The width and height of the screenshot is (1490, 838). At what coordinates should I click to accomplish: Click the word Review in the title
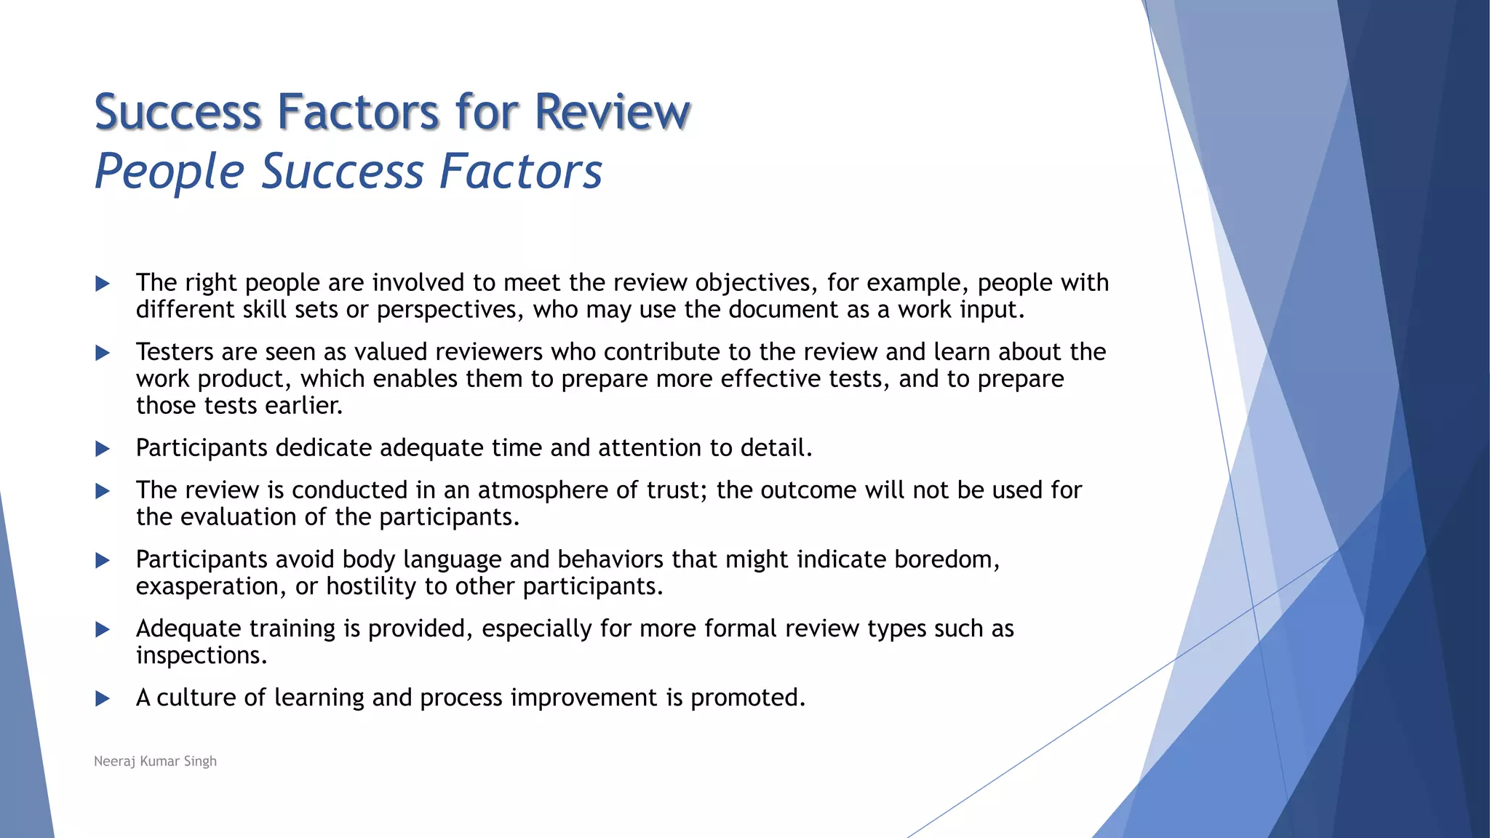point(612,112)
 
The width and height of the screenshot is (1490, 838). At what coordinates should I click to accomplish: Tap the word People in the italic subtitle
point(169,172)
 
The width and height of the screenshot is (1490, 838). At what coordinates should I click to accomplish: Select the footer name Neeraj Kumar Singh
point(155,761)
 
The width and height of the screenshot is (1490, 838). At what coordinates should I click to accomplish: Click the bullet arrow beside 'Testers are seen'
point(103,354)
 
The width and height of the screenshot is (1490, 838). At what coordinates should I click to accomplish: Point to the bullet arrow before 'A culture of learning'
point(103,699)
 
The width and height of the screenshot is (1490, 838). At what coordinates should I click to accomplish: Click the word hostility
point(371,586)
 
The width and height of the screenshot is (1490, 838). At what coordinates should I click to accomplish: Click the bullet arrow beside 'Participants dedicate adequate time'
point(103,449)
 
